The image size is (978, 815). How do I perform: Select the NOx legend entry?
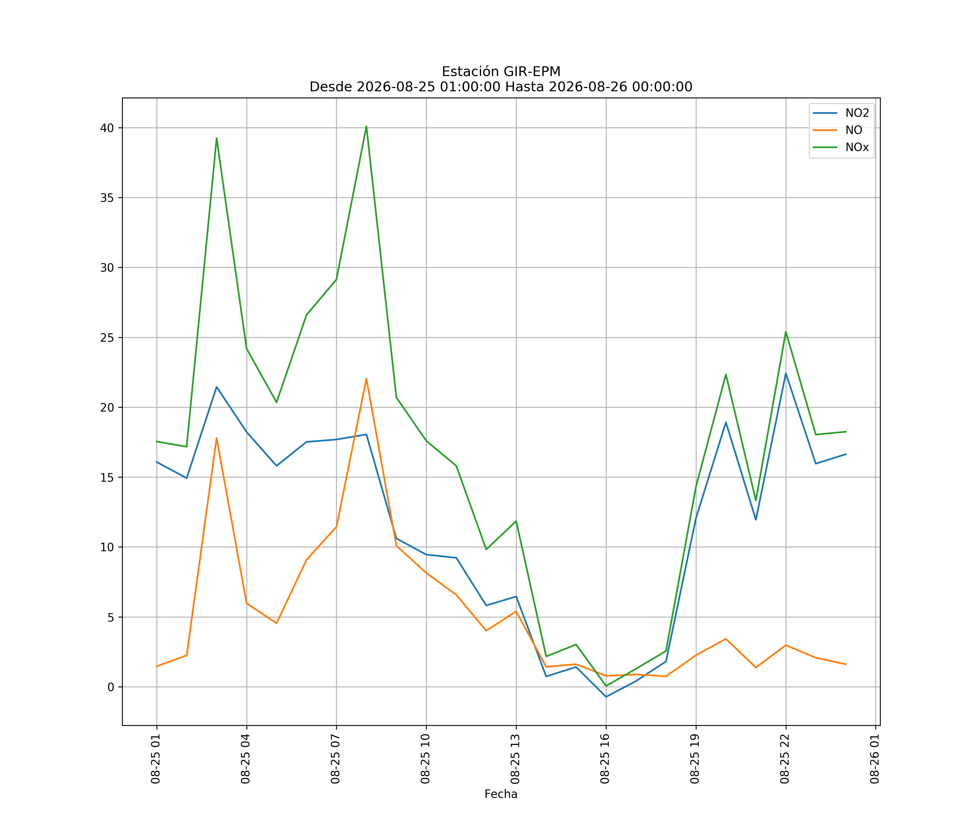(841, 147)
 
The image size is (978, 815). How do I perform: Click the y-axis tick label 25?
(107, 338)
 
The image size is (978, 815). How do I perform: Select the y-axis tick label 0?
(111, 687)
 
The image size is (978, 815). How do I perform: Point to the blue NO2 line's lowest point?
(606, 697)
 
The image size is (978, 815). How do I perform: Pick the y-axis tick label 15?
(107, 477)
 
